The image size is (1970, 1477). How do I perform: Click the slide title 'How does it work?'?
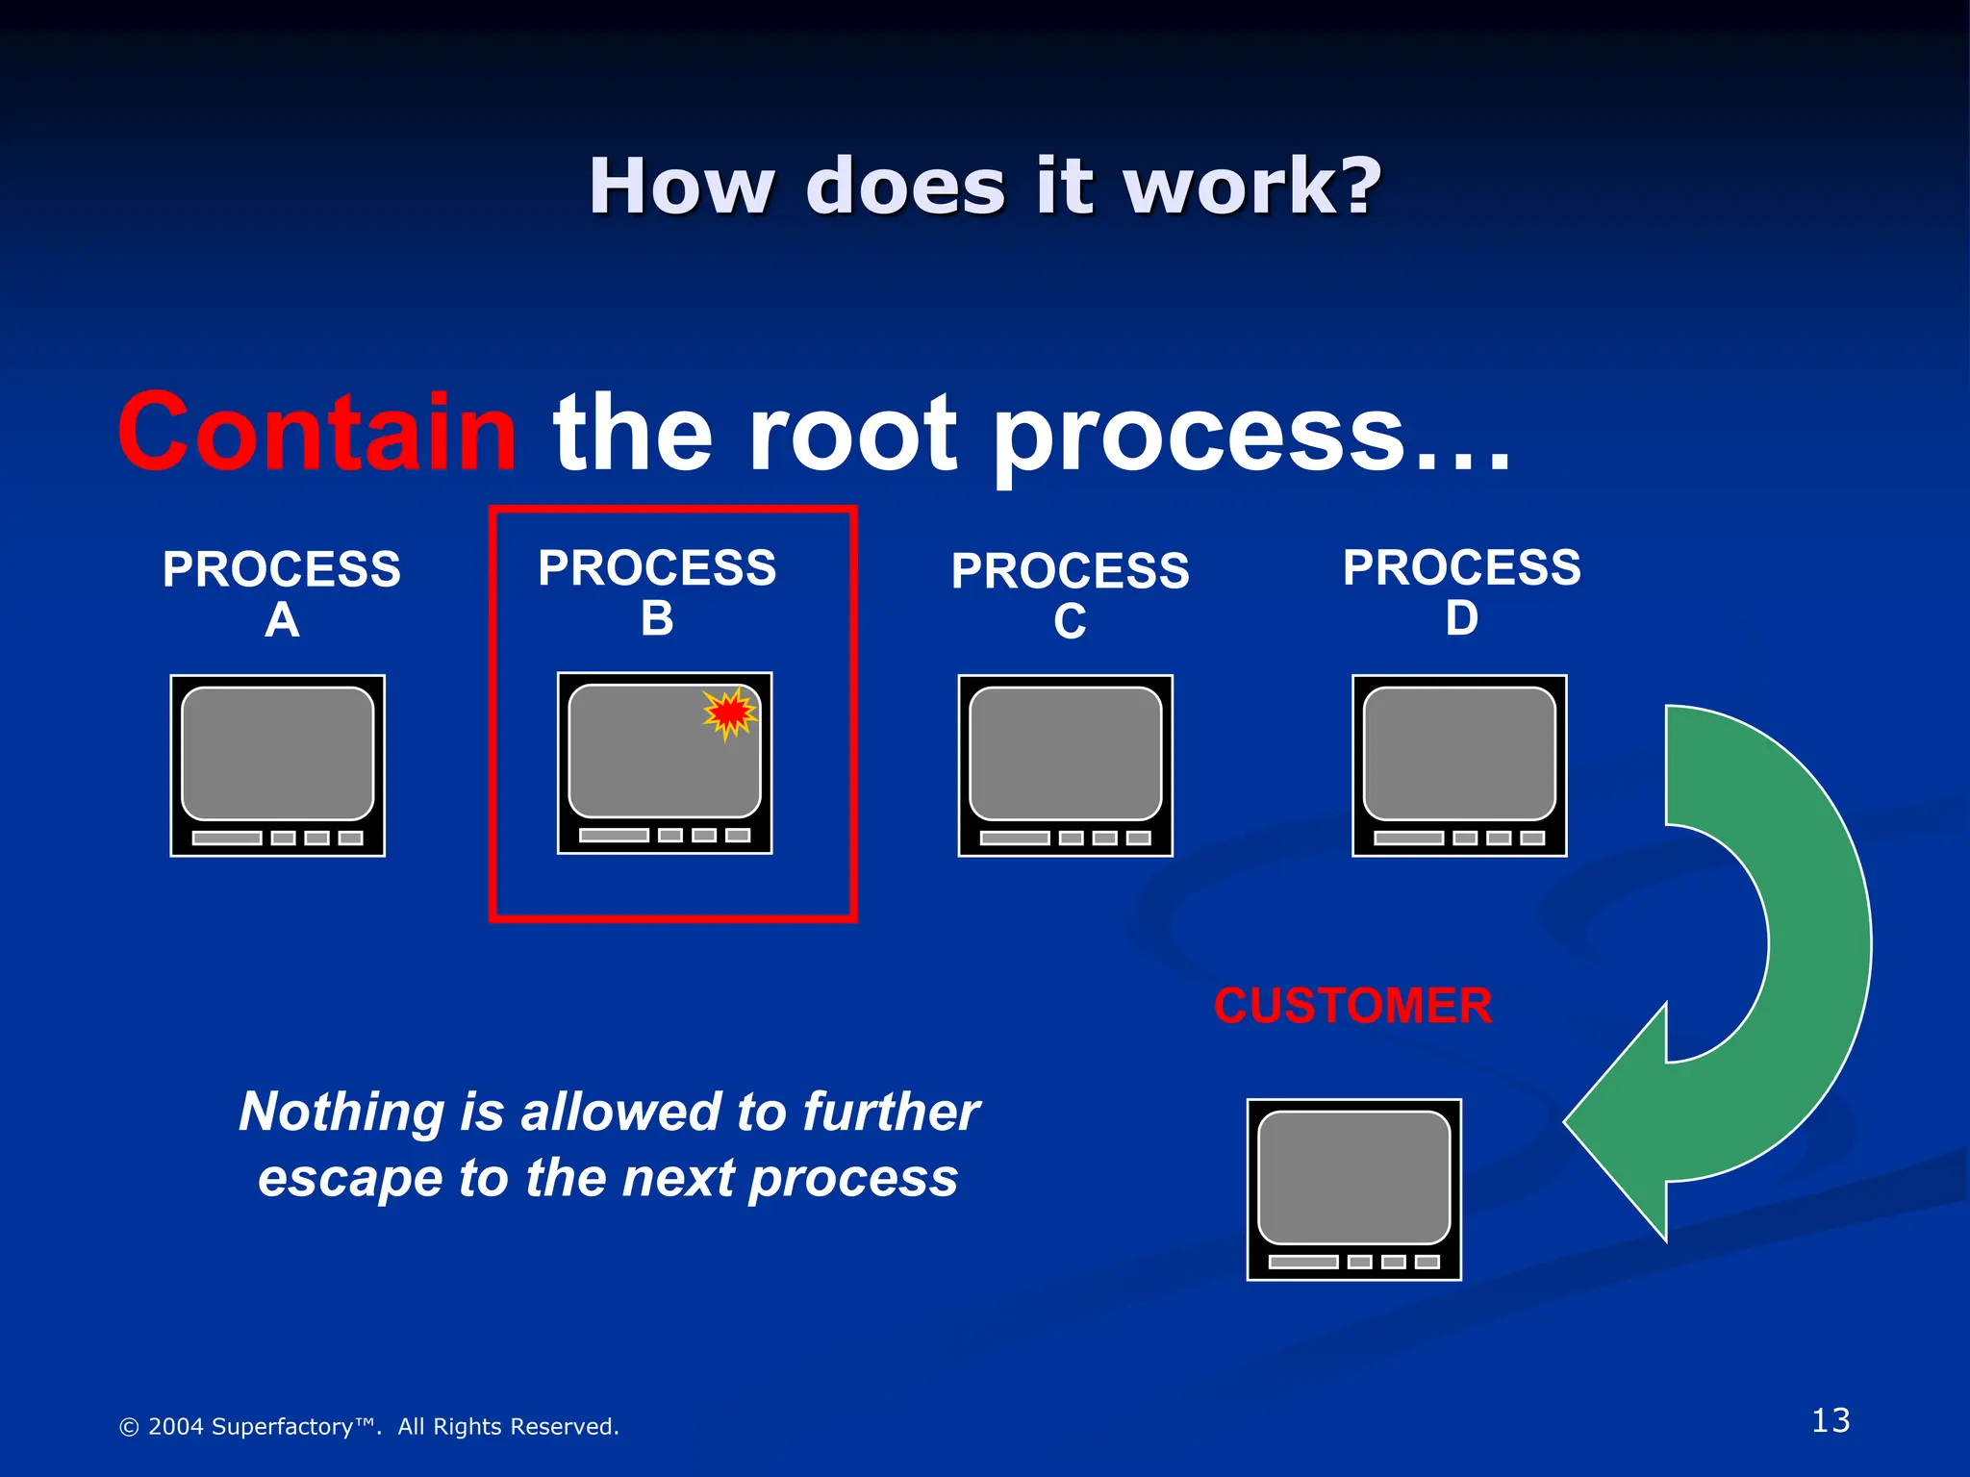[985, 186]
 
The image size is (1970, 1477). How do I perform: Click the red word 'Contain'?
[317, 433]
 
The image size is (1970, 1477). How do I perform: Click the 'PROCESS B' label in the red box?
[657, 591]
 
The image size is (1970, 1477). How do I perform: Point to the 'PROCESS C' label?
[1070, 595]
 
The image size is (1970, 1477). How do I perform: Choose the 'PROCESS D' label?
[1461, 591]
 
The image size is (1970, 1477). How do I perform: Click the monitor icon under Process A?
[278, 765]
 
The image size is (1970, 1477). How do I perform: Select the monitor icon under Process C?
[1066, 765]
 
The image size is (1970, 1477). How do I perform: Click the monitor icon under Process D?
[1459, 765]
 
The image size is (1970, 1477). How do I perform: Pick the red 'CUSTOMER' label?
[1352, 1006]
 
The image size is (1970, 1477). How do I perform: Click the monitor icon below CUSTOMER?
[1353, 1189]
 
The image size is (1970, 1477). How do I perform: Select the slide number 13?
[1830, 1420]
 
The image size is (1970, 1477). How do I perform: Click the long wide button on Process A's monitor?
[227, 838]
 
